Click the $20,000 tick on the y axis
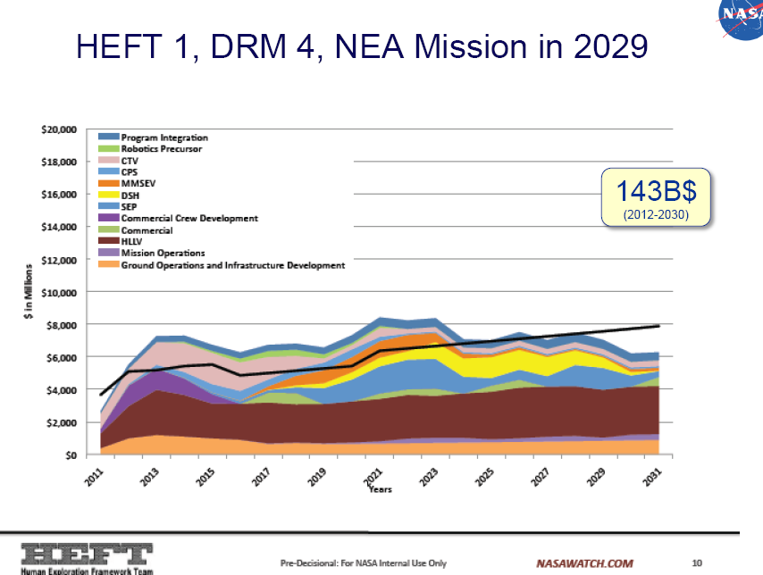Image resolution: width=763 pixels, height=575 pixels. pyautogui.click(x=58, y=129)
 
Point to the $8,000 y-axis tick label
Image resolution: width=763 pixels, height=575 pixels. pyautogui.click(x=61, y=325)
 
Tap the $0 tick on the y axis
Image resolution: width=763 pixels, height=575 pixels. pyautogui.click(x=71, y=455)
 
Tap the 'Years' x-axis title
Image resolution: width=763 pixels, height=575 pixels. pyautogui.click(x=381, y=489)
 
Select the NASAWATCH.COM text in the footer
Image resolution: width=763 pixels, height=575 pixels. pyautogui.click(x=584, y=563)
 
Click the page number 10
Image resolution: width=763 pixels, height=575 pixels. pyautogui.click(x=698, y=563)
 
